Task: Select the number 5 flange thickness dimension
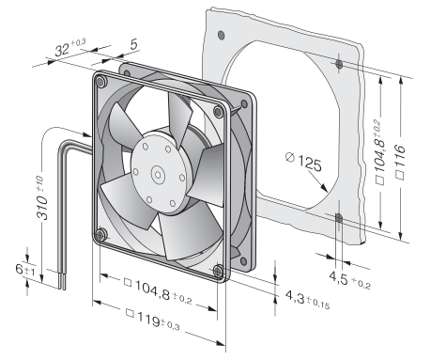(134, 44)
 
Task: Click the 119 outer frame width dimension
(153, 320)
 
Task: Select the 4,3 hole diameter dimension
(307, 300)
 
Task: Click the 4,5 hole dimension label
(350, 280)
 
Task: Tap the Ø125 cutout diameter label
(303, 162)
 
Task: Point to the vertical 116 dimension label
(401, 162)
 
